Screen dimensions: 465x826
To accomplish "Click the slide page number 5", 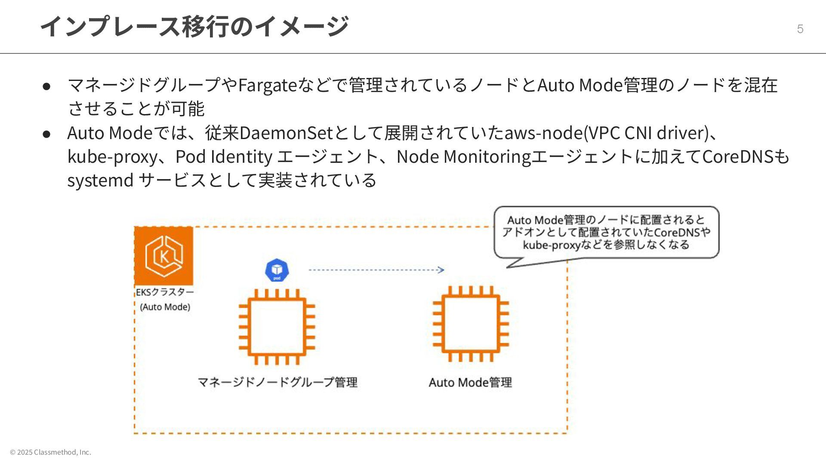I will point(800,29).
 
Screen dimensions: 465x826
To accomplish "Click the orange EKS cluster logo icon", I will point(163,256).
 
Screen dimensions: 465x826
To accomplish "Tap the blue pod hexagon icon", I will point(277,270).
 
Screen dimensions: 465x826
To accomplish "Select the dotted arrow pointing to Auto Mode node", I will point(376,270).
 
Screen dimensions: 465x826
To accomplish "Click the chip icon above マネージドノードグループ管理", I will point(277,327).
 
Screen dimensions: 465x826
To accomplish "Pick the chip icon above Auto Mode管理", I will point(471,324).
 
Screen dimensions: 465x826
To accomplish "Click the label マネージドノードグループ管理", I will point(277,382).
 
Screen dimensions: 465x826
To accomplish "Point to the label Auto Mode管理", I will point(470,382).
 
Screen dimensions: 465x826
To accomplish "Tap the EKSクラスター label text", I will point(165,292).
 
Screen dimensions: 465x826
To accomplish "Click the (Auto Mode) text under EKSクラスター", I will point(165,307).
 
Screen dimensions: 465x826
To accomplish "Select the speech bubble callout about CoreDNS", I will point(606,232).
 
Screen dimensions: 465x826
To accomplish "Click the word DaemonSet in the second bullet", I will point(286,133).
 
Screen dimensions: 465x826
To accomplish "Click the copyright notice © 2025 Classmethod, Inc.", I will point(50,452).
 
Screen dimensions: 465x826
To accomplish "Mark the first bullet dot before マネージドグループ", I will point(47,86).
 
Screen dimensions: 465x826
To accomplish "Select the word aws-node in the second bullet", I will point(543,133).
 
